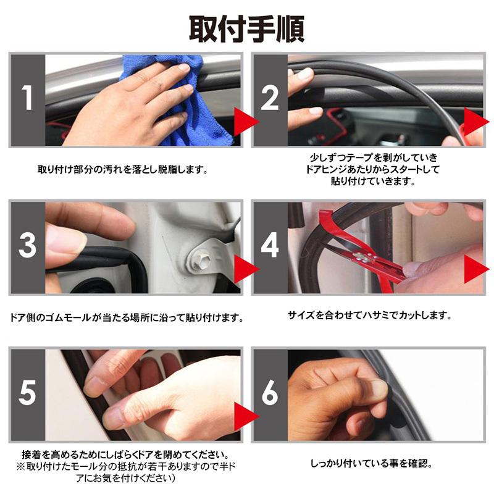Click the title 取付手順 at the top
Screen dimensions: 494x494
(x=246, y=28)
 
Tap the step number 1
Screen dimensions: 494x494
(x=27, y=99)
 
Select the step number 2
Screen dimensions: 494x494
(x=270, y=99)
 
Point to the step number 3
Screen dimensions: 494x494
(x=27, y=246)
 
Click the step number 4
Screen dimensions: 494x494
(x=270, y=246)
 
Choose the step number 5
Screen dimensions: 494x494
(x=27, y=393)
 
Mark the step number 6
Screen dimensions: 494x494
(x=270, y=393)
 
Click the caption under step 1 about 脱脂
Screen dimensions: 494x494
(x=122, y=169)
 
